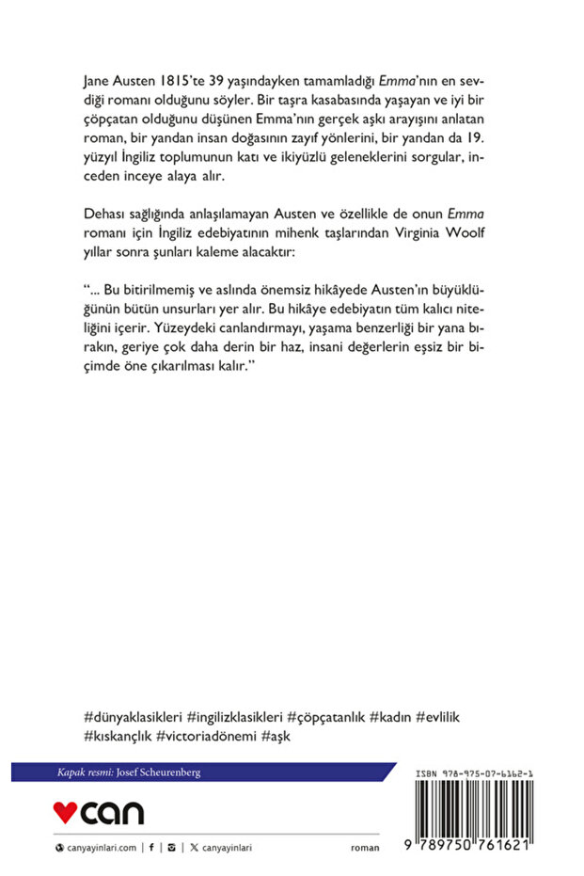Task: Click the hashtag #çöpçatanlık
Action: (x=324, y=717)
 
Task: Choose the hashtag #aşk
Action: (x=276, y=736)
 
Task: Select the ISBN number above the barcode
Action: (x=475, y=773)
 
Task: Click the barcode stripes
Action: (x=475, y=809)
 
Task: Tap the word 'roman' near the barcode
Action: (x=365, y=848)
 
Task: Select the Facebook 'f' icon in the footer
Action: (x=151, y=848)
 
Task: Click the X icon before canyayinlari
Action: (x=194, y=848)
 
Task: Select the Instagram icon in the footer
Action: (x=171, y=848)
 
